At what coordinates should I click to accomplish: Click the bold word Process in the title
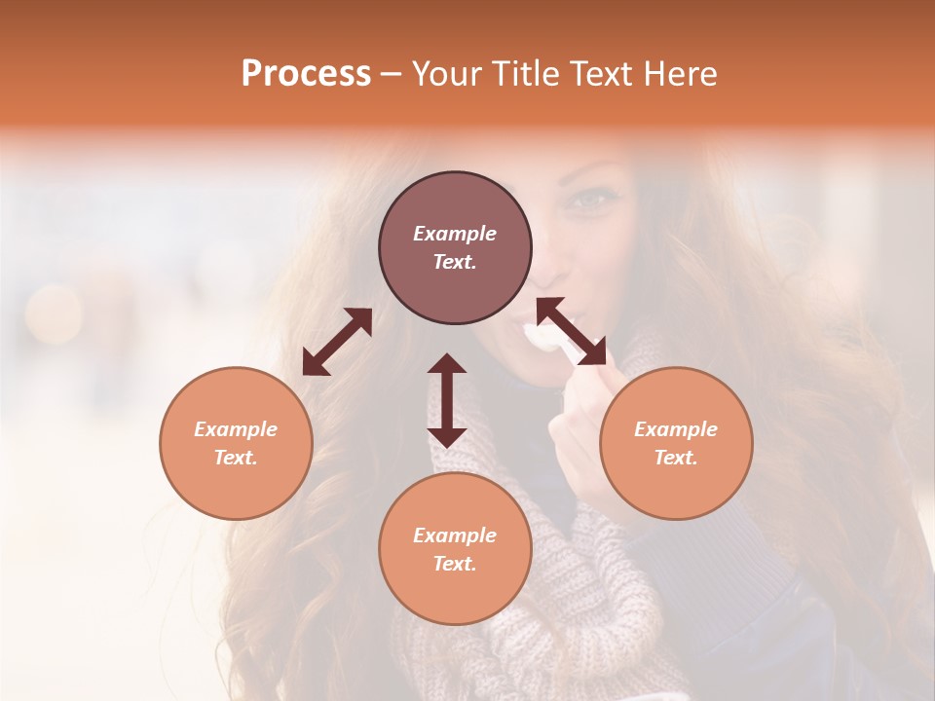coord(306,74)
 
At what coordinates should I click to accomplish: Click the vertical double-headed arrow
coord(447,400)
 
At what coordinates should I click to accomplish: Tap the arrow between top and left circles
coord(337,342)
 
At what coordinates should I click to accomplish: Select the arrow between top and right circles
coord(571,331)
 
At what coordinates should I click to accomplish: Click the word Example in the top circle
coord(455,234)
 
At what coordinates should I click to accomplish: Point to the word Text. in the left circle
coord(236,458)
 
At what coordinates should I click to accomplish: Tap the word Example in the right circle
coord(676,429)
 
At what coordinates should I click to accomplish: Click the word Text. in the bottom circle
coord(455,564)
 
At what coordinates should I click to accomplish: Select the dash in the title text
coord(391,74)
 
